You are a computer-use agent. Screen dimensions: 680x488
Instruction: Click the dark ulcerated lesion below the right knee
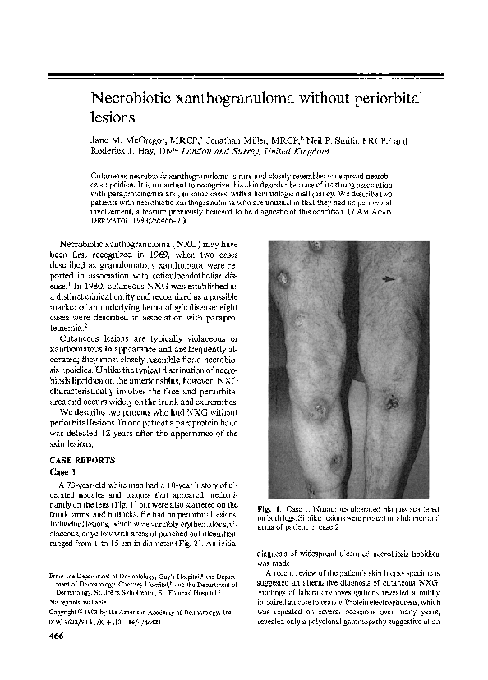[389, 403]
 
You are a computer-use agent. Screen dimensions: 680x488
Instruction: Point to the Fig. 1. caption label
[269, 508]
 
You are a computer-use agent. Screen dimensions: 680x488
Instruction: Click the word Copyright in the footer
[67, 613]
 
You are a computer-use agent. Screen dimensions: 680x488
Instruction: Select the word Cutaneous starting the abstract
[111, 177]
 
